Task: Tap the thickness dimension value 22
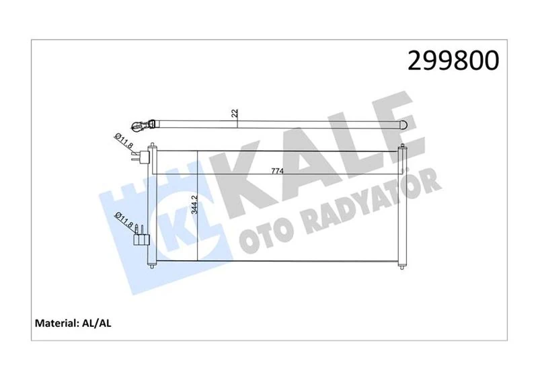pos(235,114)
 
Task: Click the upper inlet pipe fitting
pos(141,158)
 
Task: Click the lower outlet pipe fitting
pos(141,237)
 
